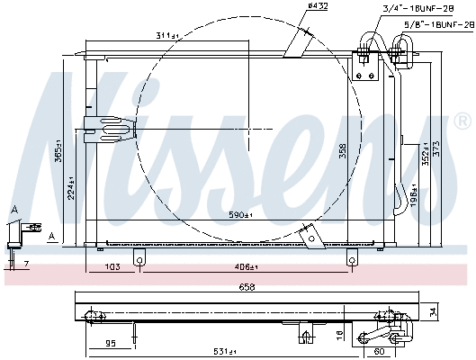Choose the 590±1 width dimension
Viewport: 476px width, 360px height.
coord(240,215)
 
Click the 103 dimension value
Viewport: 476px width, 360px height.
coord(112,267)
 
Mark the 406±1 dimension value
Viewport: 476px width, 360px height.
coord(245,267)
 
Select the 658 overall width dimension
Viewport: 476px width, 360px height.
coord(246,287)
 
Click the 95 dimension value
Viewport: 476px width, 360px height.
coord(111,343)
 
